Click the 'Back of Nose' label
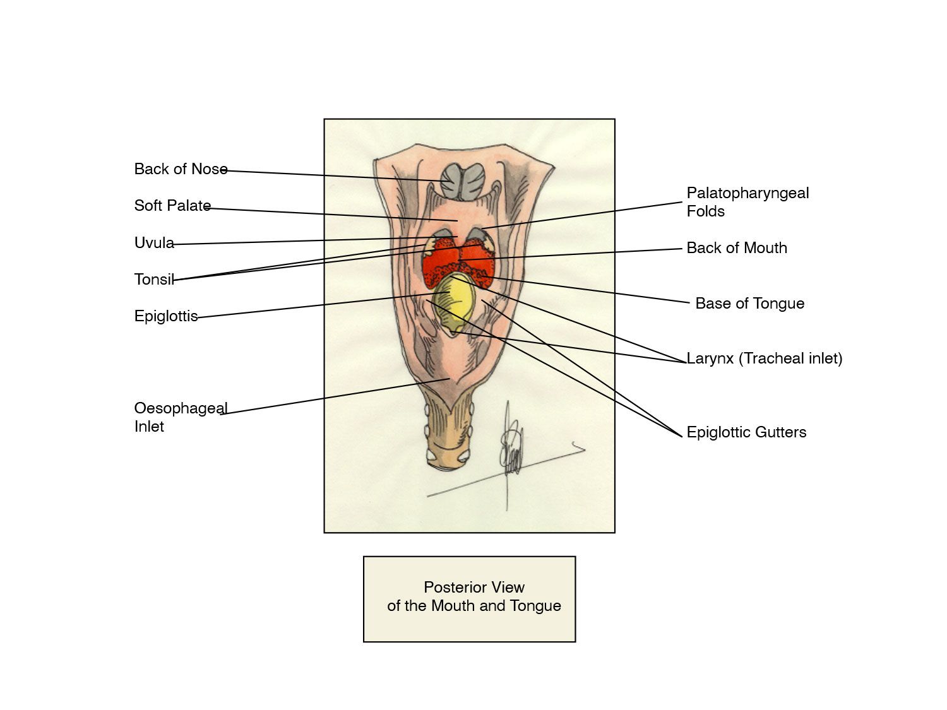[x=181, y=169]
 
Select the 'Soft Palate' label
[x=172, y=206]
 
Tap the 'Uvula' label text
[x=154, y=243]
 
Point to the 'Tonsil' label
[x=154, y=280]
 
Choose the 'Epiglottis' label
[x=166, y=316]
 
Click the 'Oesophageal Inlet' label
[x=181, y=417]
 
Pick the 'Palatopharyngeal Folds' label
[x=747, y=202]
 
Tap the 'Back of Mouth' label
[x=737, y=248]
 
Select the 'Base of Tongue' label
[x=749, y=304]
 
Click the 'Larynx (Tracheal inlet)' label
[x=764, y=358]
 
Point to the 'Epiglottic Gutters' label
[x=746, y=432]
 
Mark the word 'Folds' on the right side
[x=705, y=211]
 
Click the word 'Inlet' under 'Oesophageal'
[x=149, y=427]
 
